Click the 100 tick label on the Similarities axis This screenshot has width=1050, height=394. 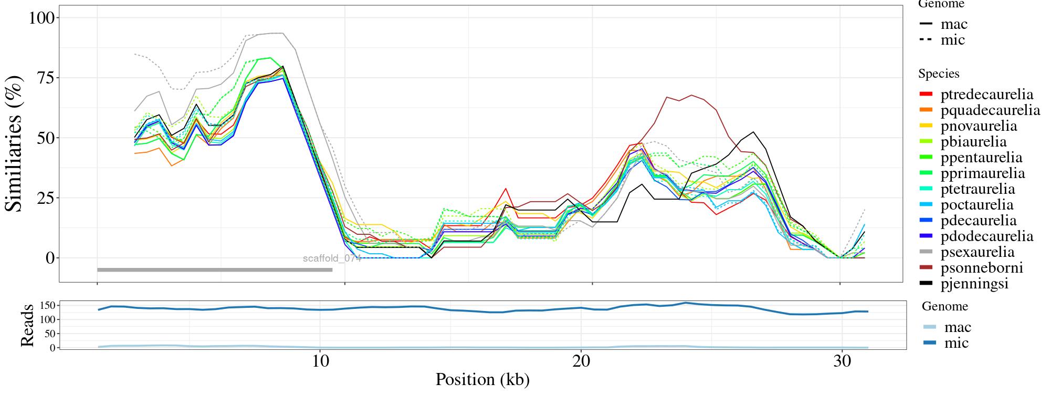41,18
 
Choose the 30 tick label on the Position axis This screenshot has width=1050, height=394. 842,362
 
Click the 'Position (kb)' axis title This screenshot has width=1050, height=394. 482,379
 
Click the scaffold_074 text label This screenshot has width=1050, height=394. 332,258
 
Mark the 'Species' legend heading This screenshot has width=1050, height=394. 939,74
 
